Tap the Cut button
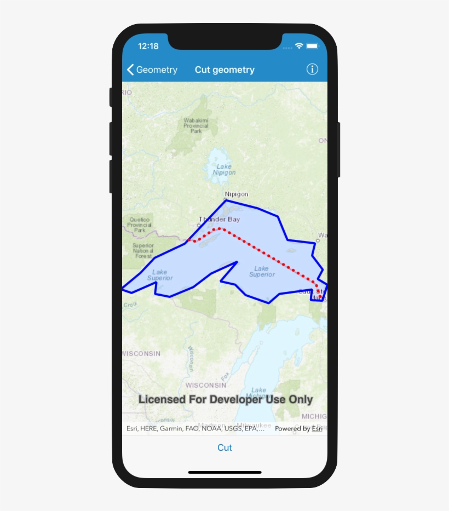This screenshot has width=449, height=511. pyautogui.click(x=225, y=447)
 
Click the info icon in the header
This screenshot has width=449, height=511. pyautogui.click(x=312, y=69)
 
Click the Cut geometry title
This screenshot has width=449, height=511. pyautogui.click(x=225, y=70)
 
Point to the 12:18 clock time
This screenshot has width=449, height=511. pyautogui.click(x=148, y=46)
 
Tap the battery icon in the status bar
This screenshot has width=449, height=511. pyautogui.click(x=313, y=46)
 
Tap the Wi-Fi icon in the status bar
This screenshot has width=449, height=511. pyautogui.click(x=299, y=46)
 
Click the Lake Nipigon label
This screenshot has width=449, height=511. pyautogui.click(x=224, y=169)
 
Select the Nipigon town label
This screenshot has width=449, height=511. pyautogui.click(x=237, y=194)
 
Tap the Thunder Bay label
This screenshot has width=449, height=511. pyautogui.click(x=219, y=219)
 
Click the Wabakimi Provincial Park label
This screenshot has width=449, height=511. pyautogui.click(x=196, y=125)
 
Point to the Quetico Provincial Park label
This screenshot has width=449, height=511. pyautogui.click(x=140, y=225)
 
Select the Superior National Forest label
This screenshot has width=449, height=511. pyautogui.click(x=143, y=251)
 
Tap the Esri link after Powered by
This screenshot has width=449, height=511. pyautogui.click(x=317, y=429)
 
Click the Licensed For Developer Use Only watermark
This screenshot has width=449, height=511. pyautogui.click(x=225, y=399)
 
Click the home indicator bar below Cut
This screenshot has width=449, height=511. pyautogui.click(x=225, y=472)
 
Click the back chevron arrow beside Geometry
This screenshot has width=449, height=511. pyautogui.click(x=130, y=70)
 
